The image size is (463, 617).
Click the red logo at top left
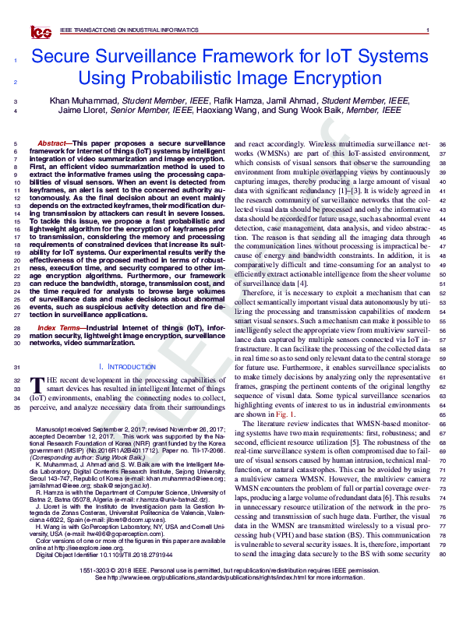[x=40, y=31]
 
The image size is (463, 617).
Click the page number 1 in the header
[x=429, y=30]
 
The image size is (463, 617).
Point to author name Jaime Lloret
[x=74, y=111]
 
